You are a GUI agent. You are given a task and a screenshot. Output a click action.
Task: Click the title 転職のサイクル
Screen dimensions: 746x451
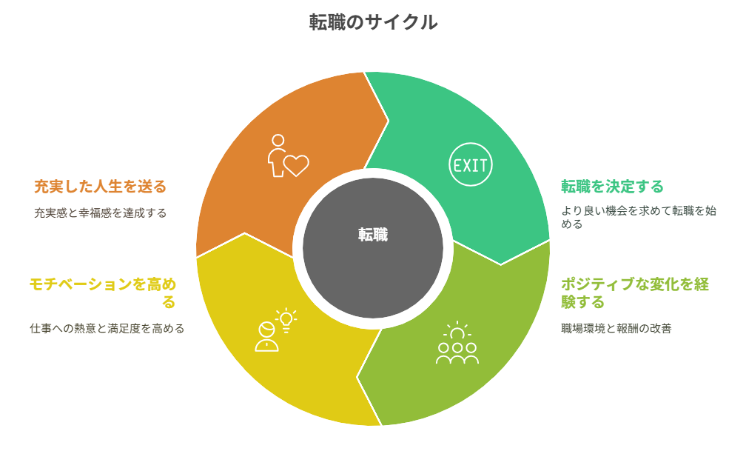pos(373,22)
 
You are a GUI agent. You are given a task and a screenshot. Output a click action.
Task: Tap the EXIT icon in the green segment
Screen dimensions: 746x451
pos(470,165)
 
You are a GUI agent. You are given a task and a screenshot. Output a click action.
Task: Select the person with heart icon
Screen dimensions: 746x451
pos(288,156)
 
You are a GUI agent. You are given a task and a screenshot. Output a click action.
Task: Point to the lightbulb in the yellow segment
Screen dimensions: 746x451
pos(286,319)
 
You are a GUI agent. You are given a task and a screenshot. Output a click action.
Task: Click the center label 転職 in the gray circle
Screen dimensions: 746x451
pos(373,235)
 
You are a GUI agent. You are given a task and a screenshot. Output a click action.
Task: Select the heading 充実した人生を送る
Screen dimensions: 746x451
pos(101,186)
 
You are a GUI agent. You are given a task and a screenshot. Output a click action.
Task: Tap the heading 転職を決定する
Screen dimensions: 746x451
pos(612,186)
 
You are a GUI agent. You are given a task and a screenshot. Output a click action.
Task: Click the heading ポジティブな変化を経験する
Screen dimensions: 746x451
pos(635,293)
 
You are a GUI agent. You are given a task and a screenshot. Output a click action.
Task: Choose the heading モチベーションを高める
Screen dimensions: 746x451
pos(103,293)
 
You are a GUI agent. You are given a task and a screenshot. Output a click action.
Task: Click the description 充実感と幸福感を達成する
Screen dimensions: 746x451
pos(101,213)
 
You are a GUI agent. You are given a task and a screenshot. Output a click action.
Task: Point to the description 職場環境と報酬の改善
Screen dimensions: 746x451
pos(616,328)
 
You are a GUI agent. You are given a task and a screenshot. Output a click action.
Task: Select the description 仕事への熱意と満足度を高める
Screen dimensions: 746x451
pos(107,328)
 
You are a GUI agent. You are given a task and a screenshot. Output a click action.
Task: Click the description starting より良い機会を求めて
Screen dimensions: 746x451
pos(639,217)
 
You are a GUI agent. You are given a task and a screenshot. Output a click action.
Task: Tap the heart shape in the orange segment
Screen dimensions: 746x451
pos(296,165)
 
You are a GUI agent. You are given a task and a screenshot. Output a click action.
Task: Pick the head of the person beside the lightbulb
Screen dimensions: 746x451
pos(266,330)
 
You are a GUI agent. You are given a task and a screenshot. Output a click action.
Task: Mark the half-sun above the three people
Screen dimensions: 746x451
pos(457,330)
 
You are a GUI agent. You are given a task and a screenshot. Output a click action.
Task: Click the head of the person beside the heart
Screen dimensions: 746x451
pos(278,141)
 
